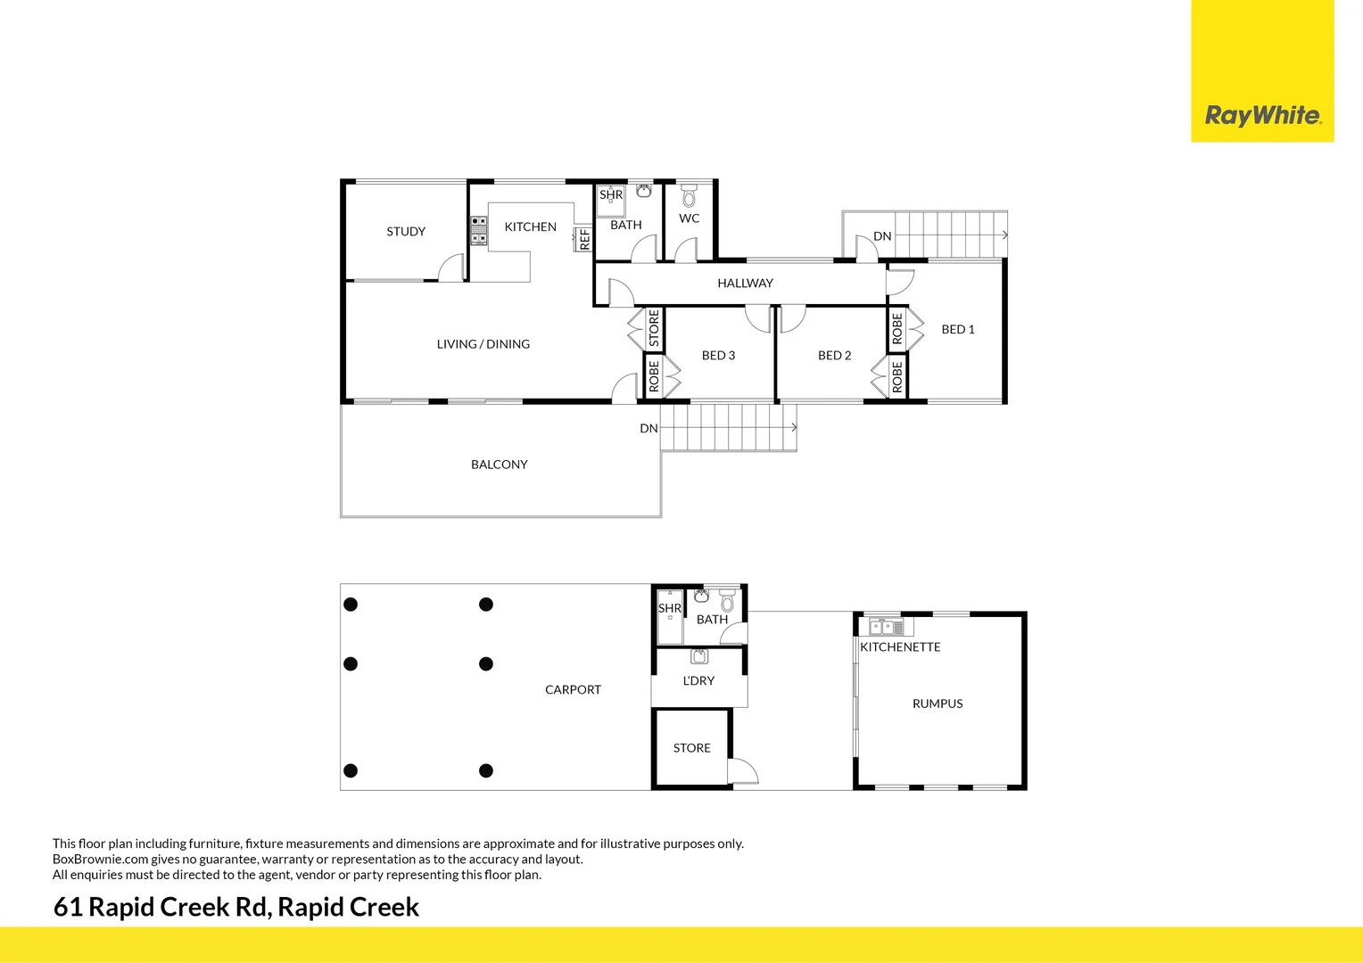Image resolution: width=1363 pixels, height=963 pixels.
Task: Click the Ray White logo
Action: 1262,115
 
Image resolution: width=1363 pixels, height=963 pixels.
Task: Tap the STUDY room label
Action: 406,231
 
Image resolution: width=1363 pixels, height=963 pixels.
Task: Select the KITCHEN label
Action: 530,226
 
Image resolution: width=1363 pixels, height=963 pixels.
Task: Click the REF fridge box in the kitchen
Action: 584,239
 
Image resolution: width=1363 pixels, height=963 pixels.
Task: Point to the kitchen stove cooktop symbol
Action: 479,230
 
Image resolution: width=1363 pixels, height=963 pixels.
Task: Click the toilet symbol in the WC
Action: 689,196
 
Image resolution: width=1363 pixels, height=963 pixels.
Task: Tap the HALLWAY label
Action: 745,283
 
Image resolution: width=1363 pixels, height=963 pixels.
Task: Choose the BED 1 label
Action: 958,329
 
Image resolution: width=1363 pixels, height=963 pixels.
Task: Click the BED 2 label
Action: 834,355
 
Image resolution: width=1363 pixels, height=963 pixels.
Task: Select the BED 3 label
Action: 718,355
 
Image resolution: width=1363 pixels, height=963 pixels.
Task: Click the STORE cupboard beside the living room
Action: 654,328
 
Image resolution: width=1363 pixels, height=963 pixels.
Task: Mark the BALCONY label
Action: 499,464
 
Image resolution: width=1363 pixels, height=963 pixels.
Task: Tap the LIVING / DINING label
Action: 483,343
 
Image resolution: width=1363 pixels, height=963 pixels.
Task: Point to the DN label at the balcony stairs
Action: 648,428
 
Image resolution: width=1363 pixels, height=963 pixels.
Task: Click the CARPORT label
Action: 573,689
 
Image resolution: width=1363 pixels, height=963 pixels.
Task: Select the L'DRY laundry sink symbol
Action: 699,657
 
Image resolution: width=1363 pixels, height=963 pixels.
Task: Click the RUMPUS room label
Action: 938,704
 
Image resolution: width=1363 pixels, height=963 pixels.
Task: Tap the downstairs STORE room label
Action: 692,748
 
